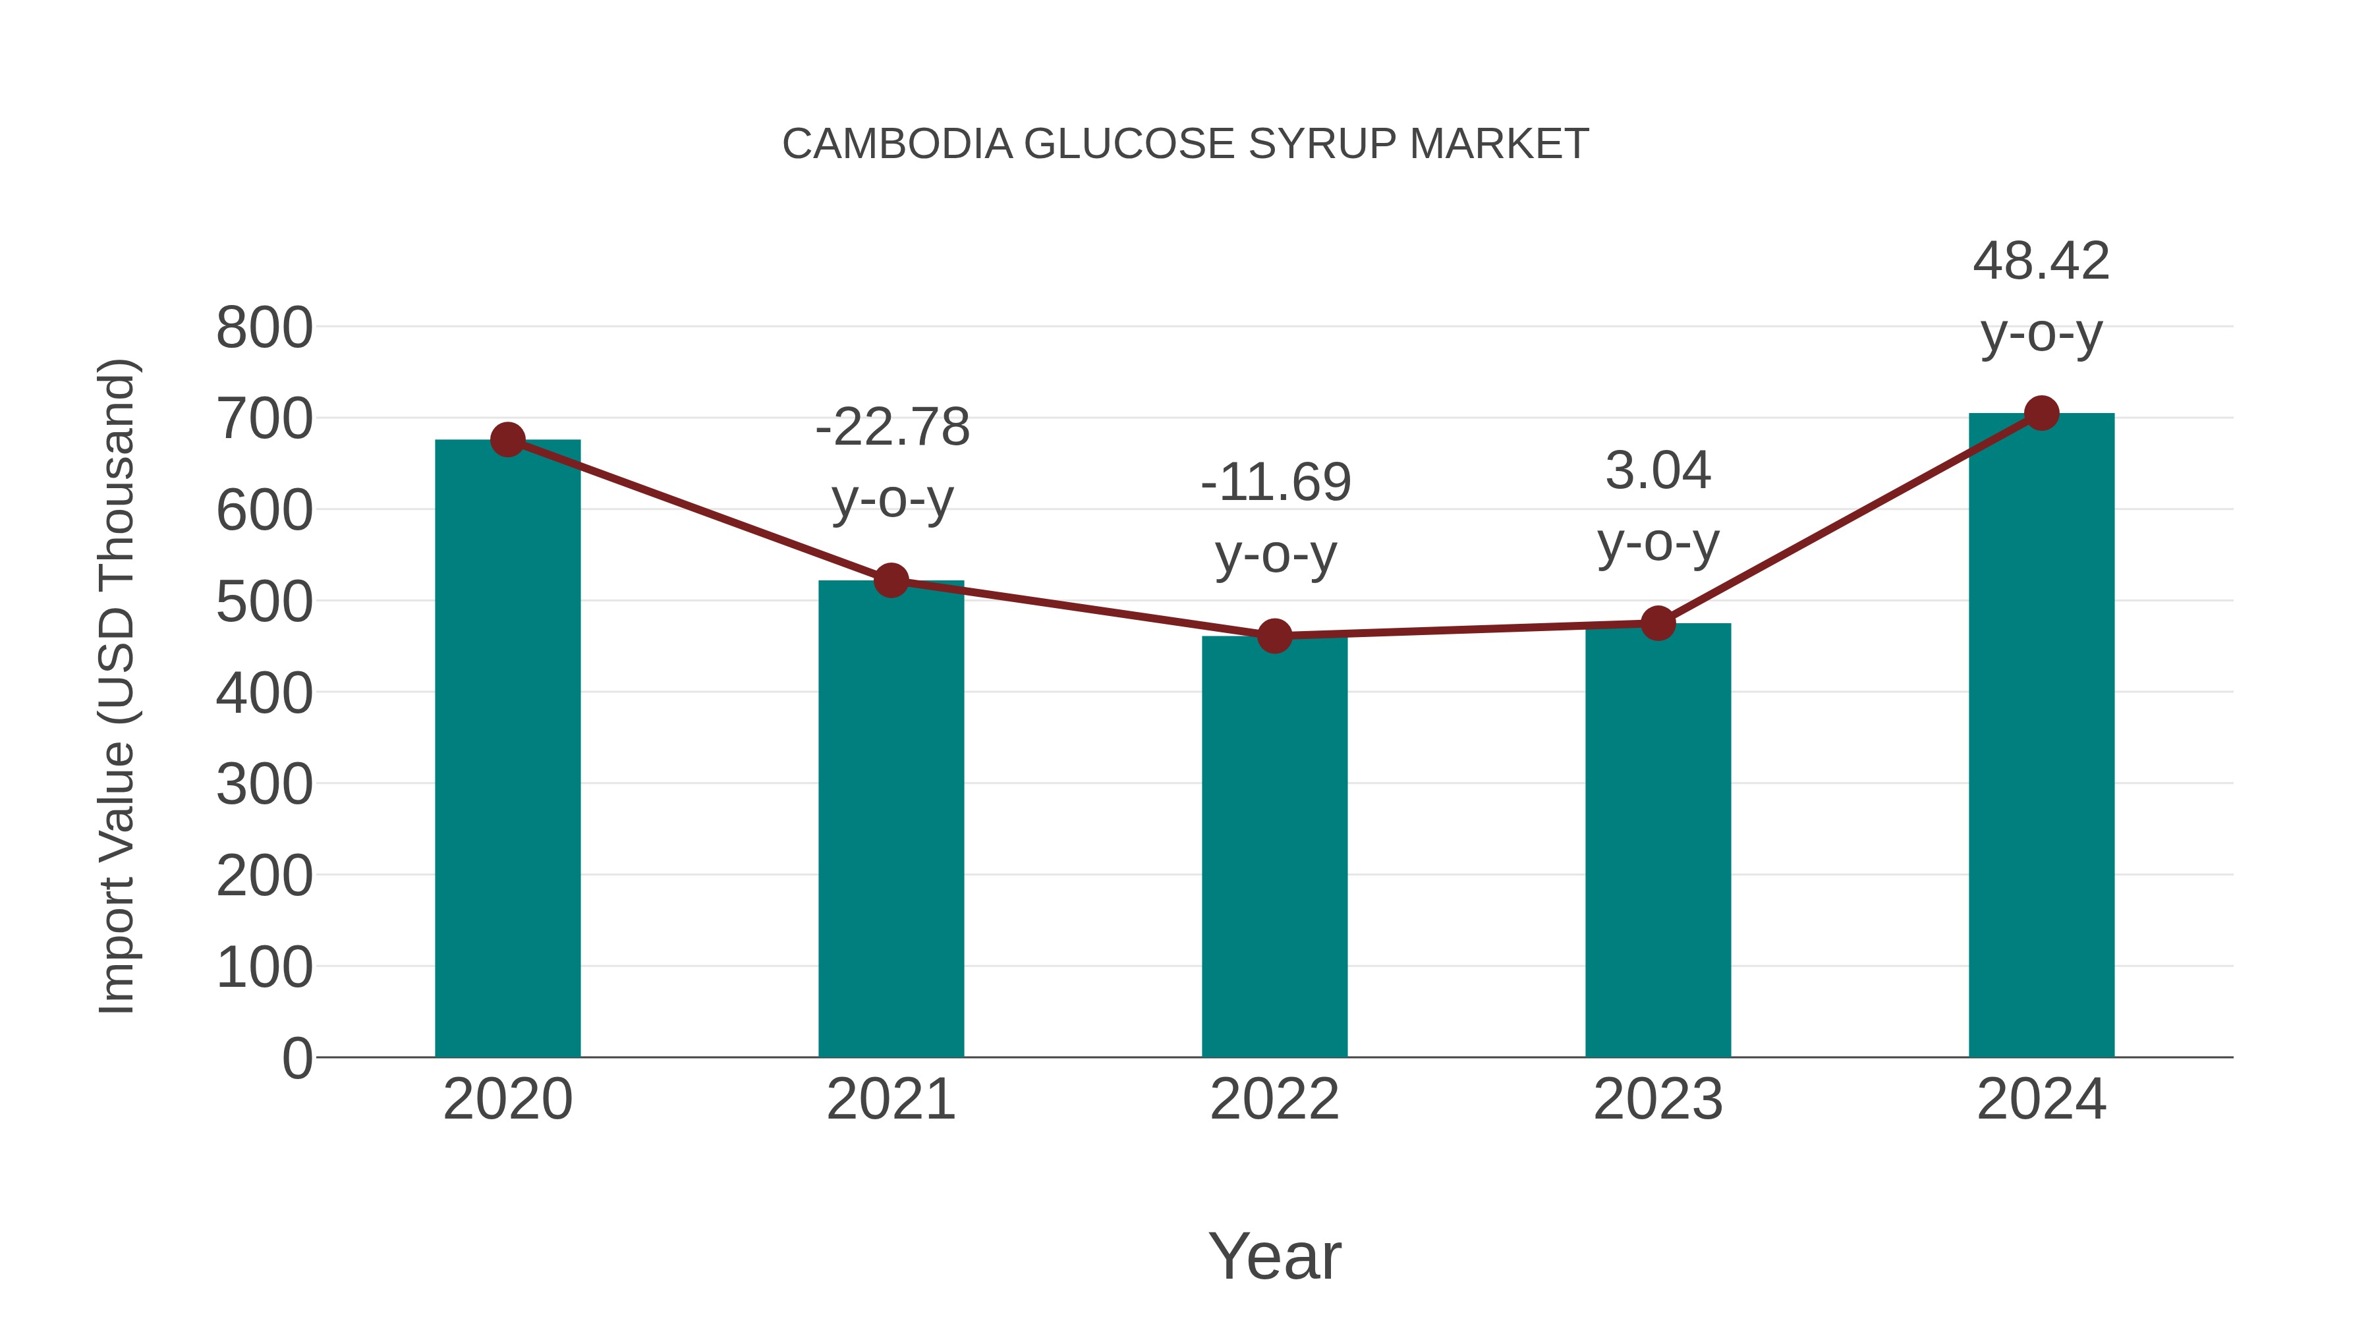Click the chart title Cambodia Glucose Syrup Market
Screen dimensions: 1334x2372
click(x=1185, y=144)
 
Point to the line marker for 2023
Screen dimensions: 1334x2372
click(x=1658, y=623)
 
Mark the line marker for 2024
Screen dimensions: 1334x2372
click(x=2041, y=413)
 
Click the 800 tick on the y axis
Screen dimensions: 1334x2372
click(x=264, y=328)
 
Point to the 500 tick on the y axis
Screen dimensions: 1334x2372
click(x=264, y=602)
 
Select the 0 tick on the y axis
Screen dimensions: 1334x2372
click(x=296, y=1058)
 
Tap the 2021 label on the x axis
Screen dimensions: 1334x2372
click(x=890, y=1099)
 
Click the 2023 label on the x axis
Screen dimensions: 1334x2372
click(x=1658, y=1099)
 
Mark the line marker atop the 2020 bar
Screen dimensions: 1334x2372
click(x=507, y=440)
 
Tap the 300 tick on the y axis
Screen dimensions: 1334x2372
click(x=264, y=785)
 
